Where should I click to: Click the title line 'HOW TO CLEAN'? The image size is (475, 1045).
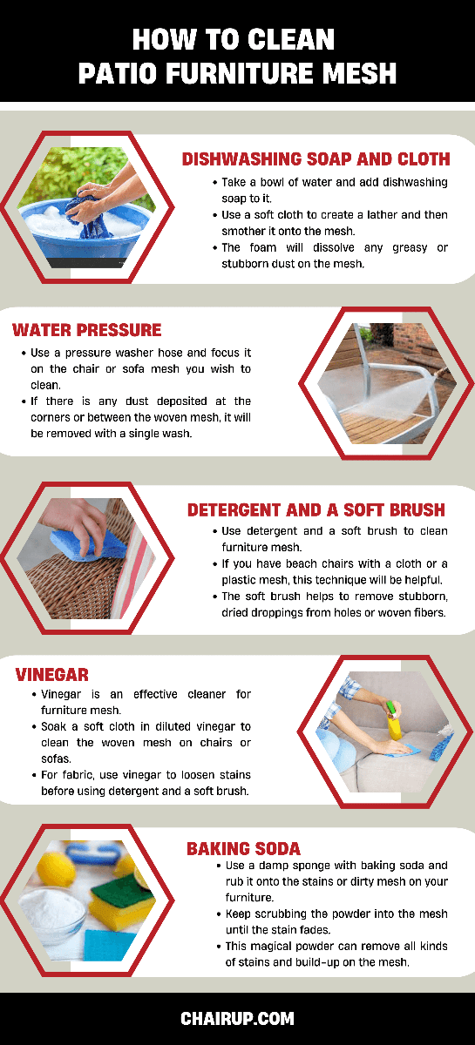click(234, 39)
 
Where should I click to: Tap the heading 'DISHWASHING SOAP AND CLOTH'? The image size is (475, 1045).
click(316, 159)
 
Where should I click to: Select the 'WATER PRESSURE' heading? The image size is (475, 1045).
click(87, 330)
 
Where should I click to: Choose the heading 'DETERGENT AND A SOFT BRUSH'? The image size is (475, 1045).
click(316, 510)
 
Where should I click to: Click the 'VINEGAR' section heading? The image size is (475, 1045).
click(51, 675)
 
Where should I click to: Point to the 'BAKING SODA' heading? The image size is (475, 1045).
click(243, 848)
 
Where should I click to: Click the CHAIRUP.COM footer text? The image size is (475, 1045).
click(237, 1018)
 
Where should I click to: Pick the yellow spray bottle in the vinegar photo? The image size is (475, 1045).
click(394, 720)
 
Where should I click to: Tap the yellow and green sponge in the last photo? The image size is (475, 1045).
click(122, 898)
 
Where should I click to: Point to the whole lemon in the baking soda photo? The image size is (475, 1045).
click(56, 867)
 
